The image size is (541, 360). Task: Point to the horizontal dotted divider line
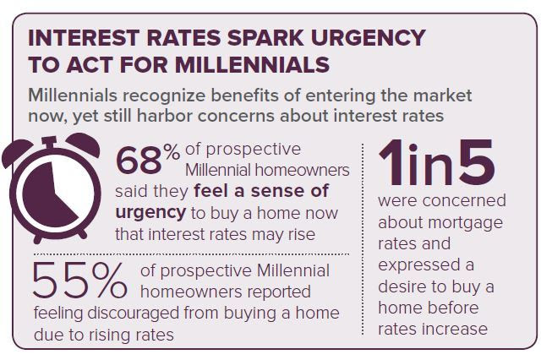190,254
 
